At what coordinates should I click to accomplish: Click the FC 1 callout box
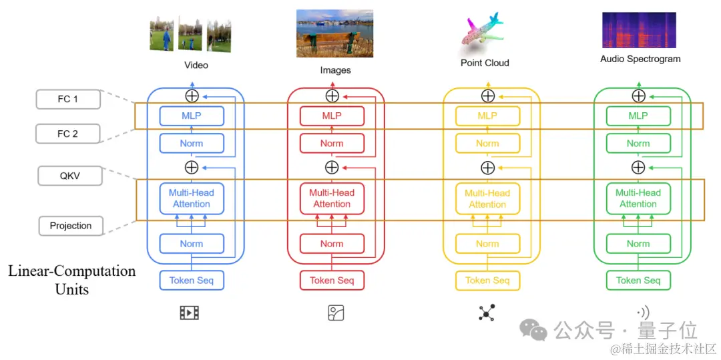[x=67, y=100]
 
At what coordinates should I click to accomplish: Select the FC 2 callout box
[x=67, y=134]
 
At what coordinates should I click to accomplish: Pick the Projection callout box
[x=71, y=226]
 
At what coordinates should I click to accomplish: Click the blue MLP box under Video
[x=192, y=116]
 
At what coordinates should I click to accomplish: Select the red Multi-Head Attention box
[x=332, y=198]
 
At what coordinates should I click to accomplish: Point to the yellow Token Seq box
[x=487, y=281]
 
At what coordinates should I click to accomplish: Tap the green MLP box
[x=638, y=116]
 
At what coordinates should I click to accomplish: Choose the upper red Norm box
[x=332, y=144]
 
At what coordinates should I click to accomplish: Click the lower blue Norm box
[x=192, y=244]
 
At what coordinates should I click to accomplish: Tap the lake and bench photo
[x=334, y=33]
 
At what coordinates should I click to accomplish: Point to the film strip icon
[x=190, y=313]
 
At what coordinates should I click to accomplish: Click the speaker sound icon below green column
[x=642, y=313]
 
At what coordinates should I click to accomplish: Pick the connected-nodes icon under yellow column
[x=487, y=313]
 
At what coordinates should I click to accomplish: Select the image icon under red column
[x=336, y=313]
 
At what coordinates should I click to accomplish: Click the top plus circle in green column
[x=639, y=96]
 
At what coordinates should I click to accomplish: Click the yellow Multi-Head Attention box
[x=487, y=198]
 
